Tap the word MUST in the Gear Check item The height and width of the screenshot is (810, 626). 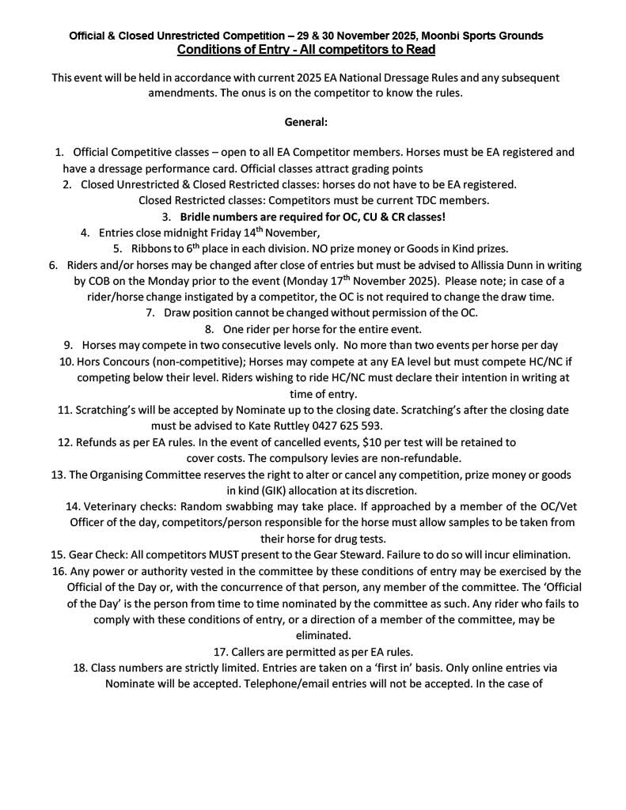pyautogui.click(x=230, y=554)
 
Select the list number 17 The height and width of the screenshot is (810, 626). pyautogui.click(x=221, y=652)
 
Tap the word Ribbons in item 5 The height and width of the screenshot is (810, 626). pyautogui.click(x=157, y=248)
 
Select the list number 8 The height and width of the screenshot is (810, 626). pyautogui.click(x=210, y=329)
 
